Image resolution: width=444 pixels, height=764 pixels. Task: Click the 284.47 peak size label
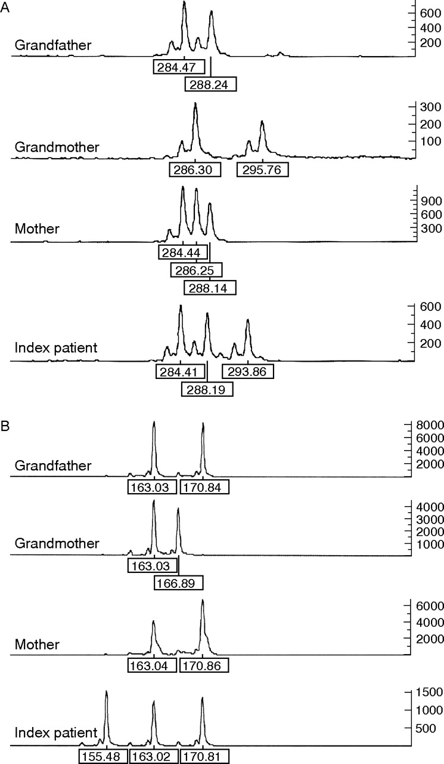click(179, 67)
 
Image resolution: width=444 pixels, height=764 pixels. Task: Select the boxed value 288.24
click(211, 84)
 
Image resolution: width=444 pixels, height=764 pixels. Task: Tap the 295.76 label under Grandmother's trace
click(262, 170)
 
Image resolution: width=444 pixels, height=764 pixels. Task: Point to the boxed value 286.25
click(197, 270)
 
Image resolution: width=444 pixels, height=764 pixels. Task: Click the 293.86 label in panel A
click(248, 371)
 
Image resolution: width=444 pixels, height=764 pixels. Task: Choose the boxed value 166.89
click(179, 583)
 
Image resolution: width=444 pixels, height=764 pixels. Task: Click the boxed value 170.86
click(204, 665)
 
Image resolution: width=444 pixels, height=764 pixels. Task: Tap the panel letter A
click(5, 8)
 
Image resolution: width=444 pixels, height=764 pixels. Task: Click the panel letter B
click(5, 426)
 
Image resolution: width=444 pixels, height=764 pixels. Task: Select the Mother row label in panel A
click(37, 229)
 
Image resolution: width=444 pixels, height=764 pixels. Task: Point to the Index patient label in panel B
click(56, 732)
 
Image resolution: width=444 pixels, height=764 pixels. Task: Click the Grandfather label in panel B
click(53, 466)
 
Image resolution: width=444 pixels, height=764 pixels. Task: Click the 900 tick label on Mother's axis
click(431, 201)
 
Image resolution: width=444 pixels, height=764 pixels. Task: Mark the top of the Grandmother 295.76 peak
click(262, 121)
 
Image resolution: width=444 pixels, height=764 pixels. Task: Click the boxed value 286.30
click(195, 170)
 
